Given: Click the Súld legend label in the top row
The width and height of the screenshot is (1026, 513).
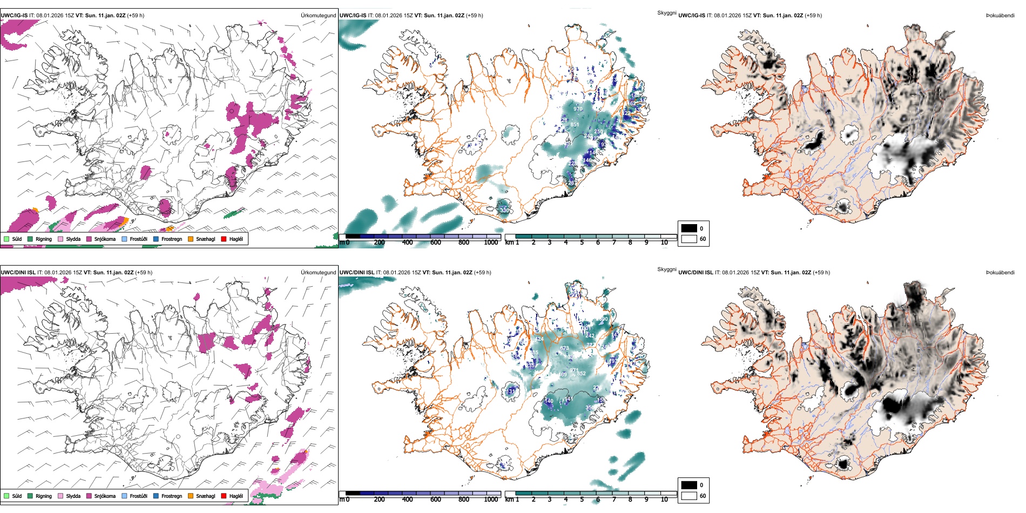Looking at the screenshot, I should (17, 239).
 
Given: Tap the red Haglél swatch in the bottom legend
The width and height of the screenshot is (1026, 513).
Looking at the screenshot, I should (224, 496).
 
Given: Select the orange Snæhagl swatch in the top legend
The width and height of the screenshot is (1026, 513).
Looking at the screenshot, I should (191, 239).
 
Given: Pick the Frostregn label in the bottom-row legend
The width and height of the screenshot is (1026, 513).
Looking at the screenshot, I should (171, 496).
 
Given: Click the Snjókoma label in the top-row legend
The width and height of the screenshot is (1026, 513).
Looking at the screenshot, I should (105, 239).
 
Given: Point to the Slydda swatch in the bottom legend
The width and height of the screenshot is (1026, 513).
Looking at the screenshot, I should (60, 496).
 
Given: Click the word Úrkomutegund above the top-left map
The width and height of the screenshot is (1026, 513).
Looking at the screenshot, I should (318, 15).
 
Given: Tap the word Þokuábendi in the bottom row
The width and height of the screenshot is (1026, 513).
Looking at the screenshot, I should (1000, 272).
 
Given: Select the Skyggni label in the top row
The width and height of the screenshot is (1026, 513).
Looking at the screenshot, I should (667, 12).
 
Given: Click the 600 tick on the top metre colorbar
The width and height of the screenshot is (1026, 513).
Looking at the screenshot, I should (436, 242).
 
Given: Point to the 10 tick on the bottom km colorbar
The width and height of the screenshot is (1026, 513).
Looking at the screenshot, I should (664, 500).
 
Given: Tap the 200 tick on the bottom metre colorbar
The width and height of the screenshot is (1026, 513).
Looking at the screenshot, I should (380, 500).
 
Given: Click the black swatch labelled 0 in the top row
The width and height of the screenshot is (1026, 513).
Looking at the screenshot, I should (689, 228).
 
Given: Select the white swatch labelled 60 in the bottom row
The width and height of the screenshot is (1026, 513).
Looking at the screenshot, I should (689, 496).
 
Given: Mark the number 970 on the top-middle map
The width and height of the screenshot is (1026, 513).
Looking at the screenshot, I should (578, 109).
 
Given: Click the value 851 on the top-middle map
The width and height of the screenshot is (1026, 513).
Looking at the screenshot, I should (575, 125).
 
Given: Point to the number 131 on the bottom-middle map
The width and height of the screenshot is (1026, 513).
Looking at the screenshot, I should (511, 391).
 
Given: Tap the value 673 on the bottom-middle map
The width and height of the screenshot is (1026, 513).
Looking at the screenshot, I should (564, 348).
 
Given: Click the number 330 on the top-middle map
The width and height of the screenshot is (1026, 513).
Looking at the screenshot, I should (504, 210).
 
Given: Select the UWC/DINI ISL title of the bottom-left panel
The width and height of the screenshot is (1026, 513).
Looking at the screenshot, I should (18, 272).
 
